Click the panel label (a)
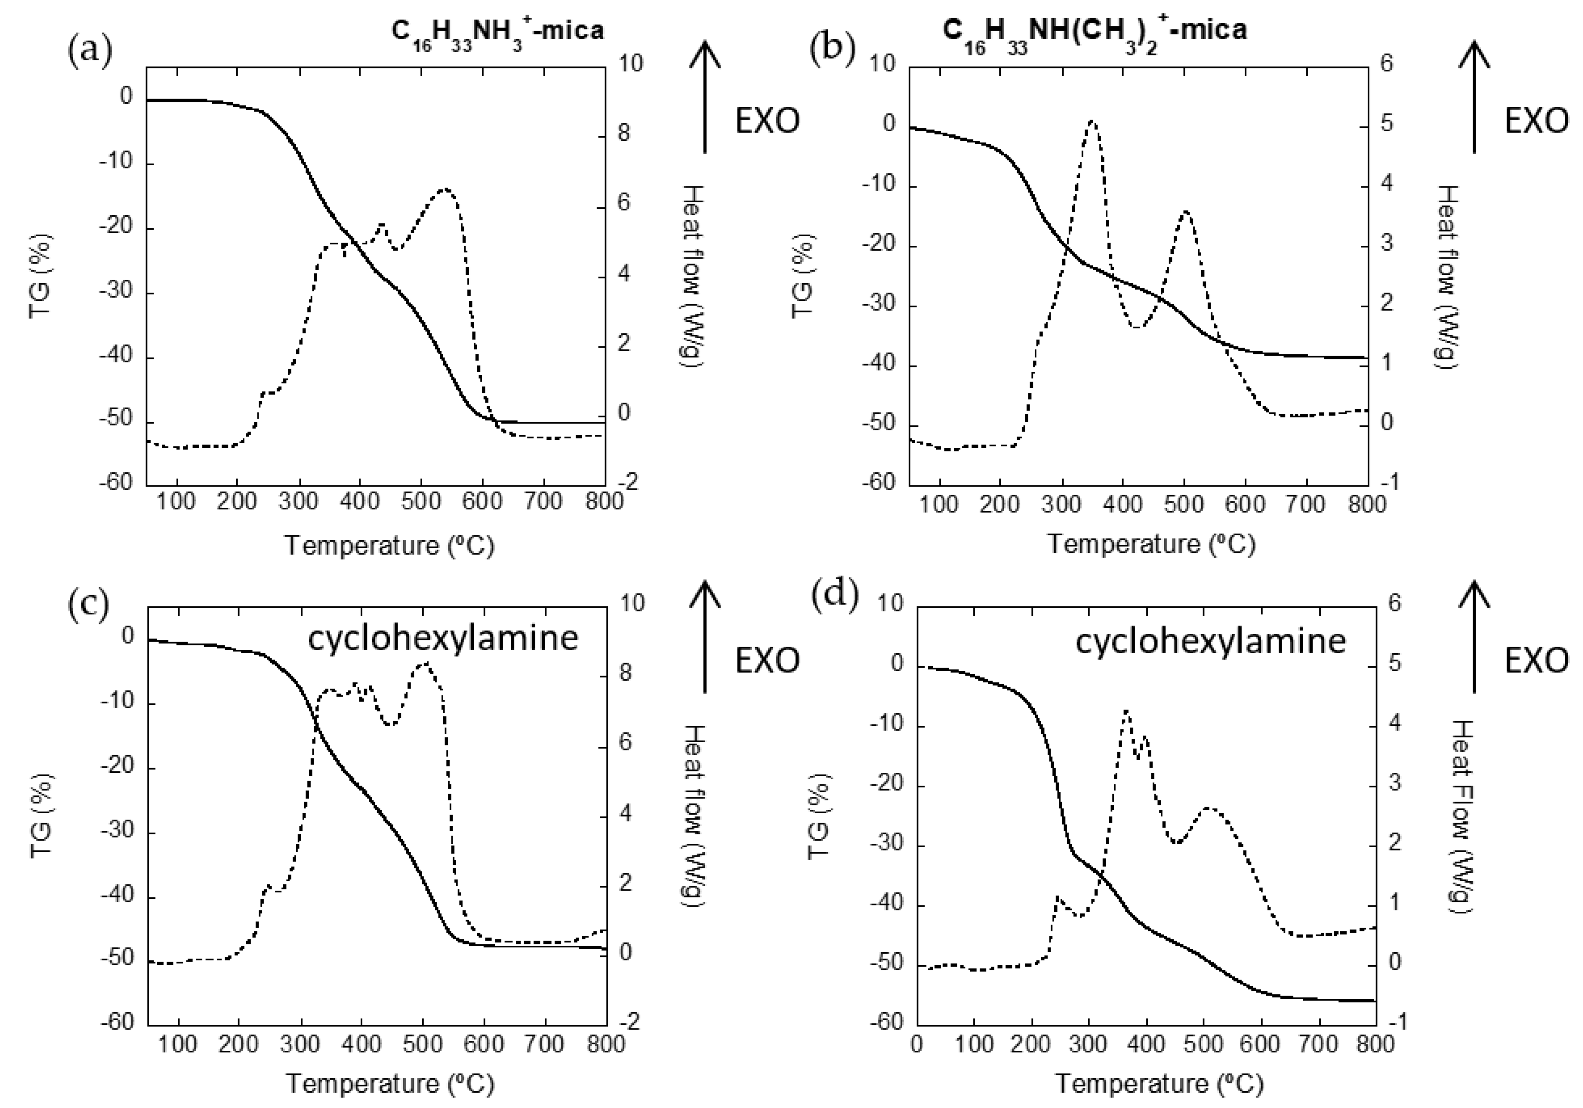click(x=90, y=51)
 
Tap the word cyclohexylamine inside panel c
click(x=443, y=638)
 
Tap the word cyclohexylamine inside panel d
click(x=1210, y=641)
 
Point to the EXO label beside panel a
click(x=767, y=121)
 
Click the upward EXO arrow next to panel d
click(x=1474, y=634)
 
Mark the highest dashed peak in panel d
click(x=1126, y=710)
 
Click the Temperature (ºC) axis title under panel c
click(x=390, y=1084)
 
